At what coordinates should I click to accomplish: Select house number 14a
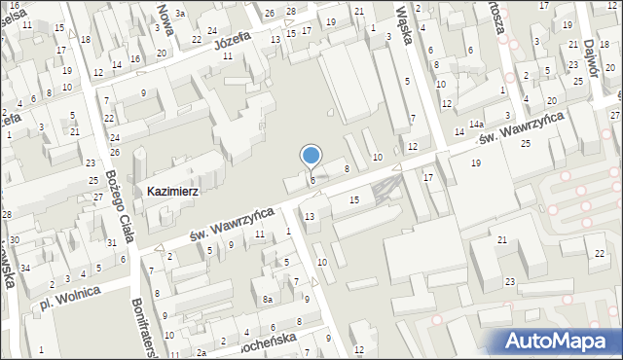[475, 125]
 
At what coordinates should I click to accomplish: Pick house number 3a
[180, 13]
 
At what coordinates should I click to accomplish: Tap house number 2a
[201, 352]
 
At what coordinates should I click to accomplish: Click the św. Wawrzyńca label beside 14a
[518, 127]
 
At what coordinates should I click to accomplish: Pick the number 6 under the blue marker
[311, 180]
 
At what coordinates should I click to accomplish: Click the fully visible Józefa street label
[233, 43]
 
